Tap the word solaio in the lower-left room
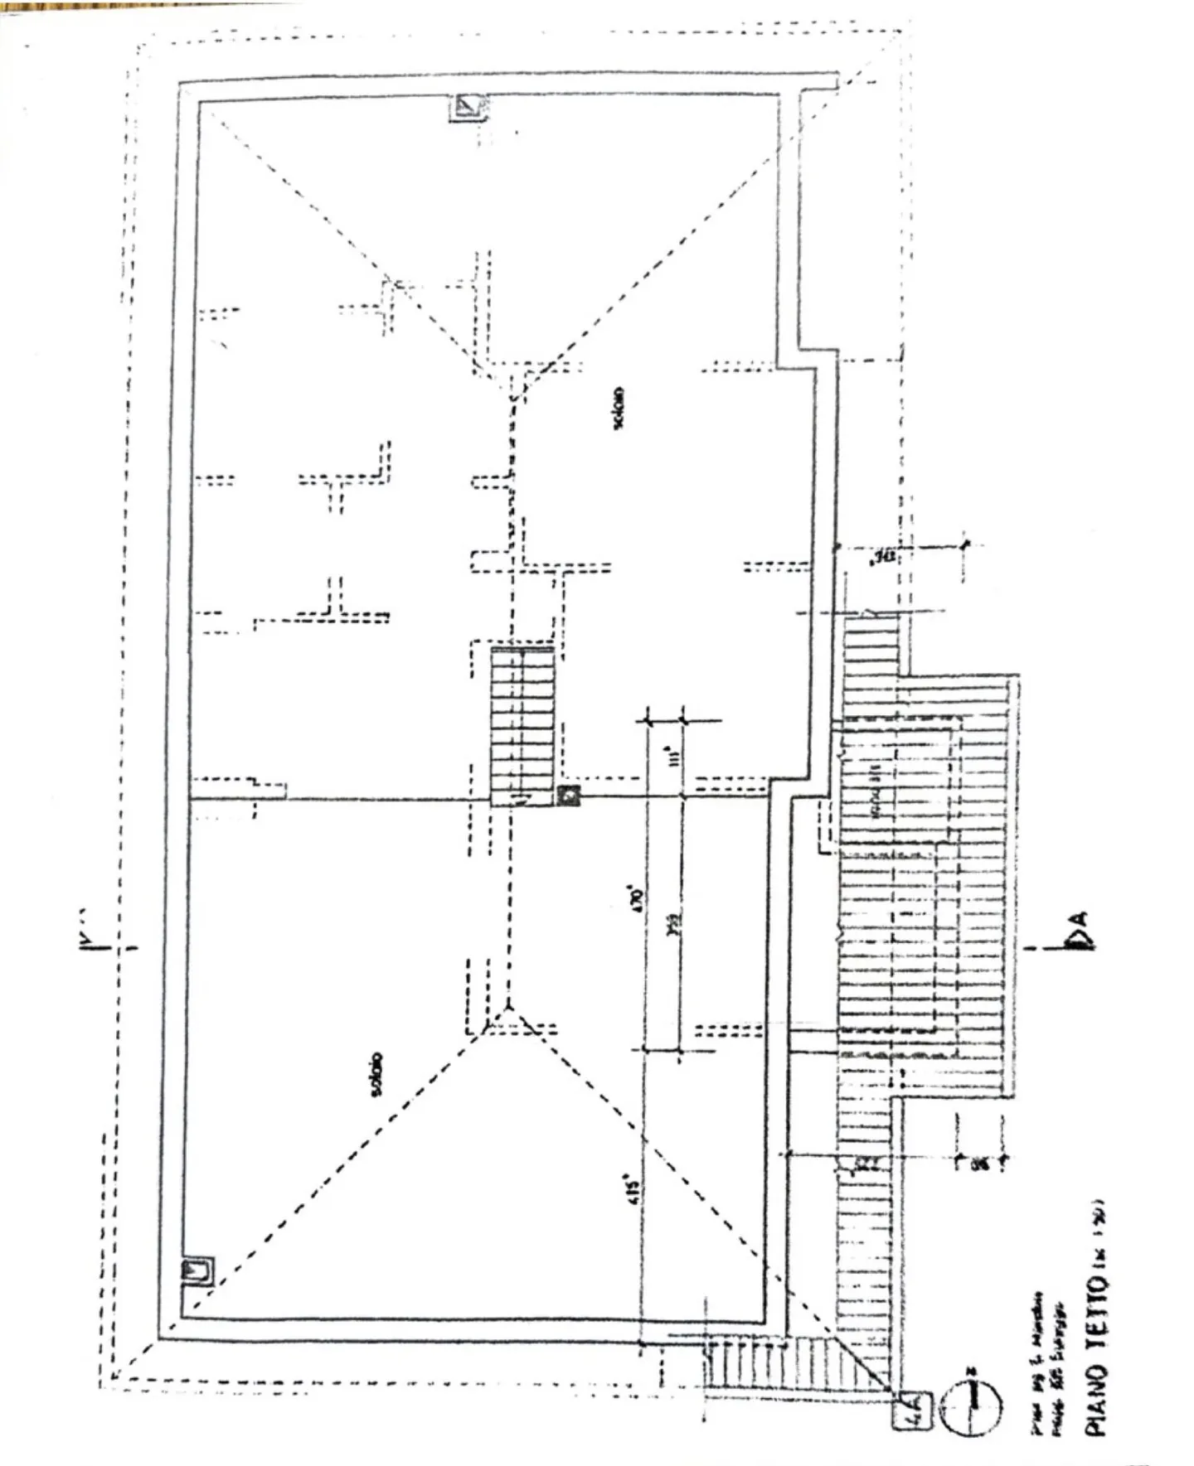point(376,1075)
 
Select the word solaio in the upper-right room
point(619,408)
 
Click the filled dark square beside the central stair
point(568,796)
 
